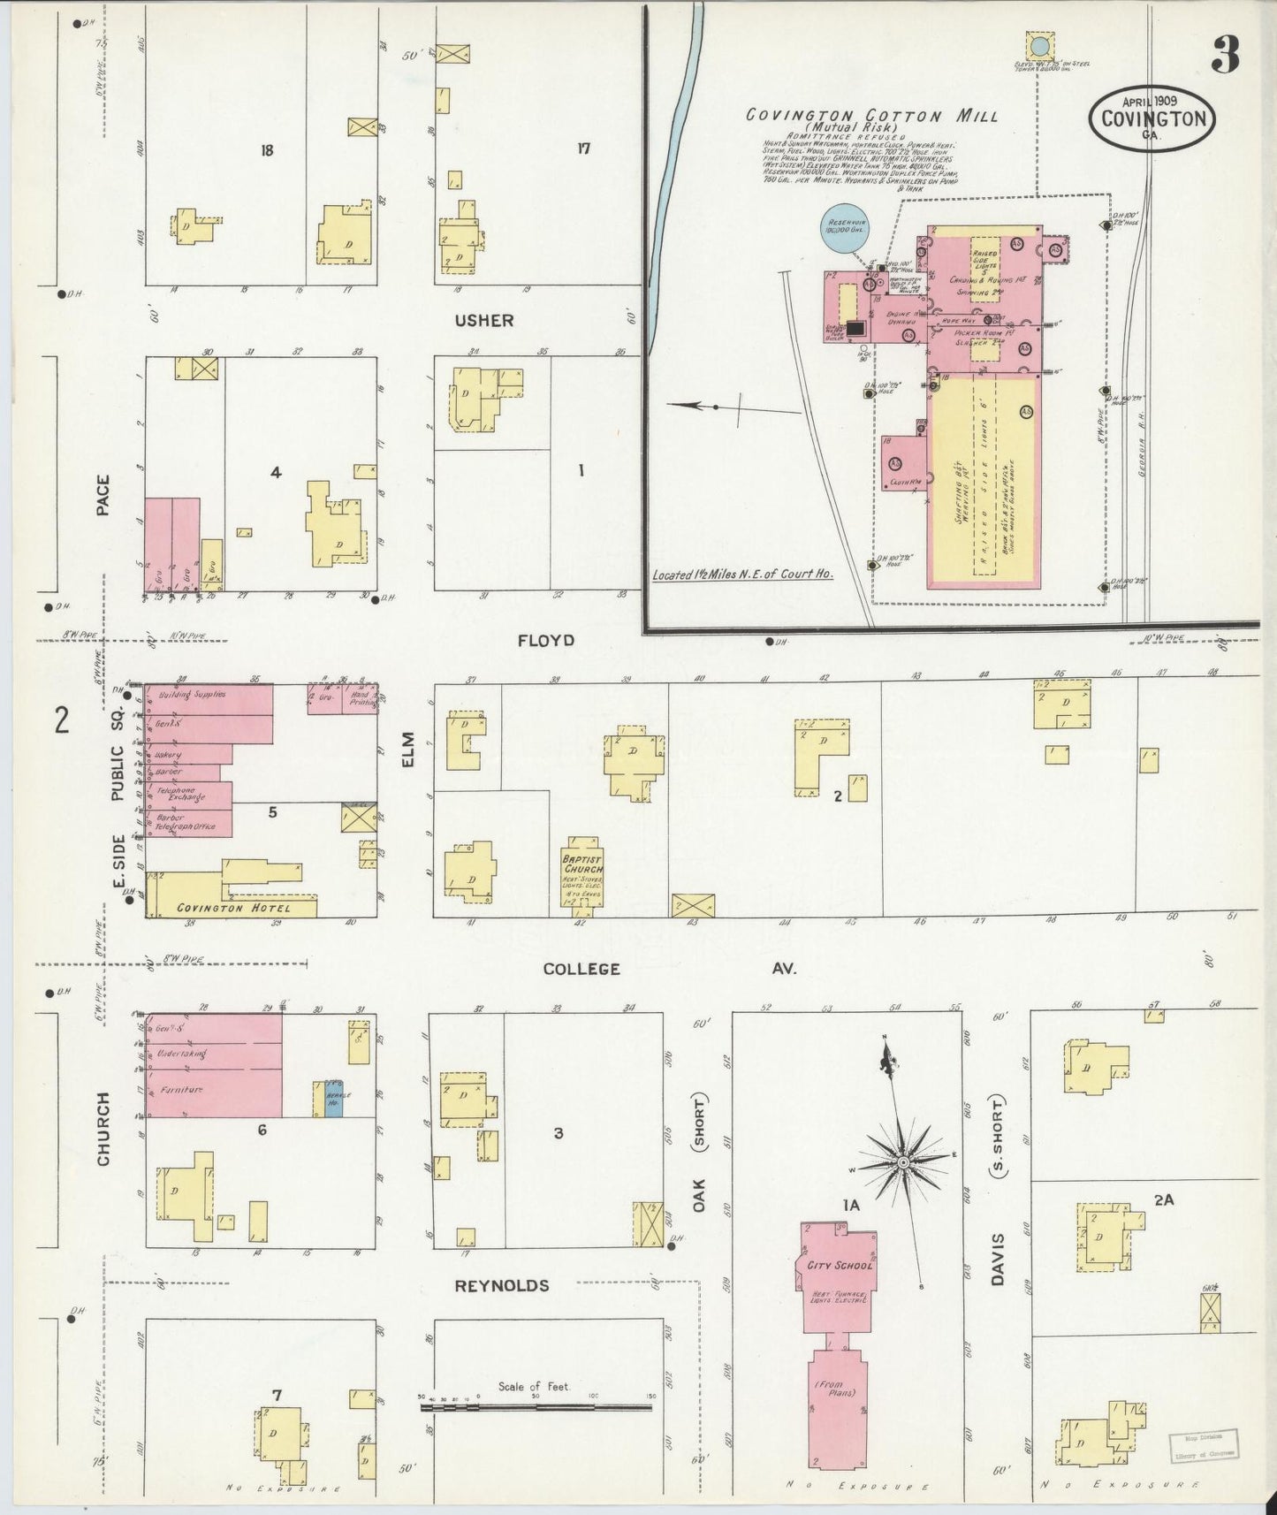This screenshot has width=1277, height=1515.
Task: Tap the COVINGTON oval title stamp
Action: pyautogui.click(x=1152, y=118)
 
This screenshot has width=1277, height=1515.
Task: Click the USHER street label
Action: pyautogui.click(x=484, y=320)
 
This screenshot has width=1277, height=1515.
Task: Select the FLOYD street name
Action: pyautogui.click(x=546, y=640)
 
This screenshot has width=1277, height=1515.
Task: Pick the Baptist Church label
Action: pyautogui.click(x=582, y=864)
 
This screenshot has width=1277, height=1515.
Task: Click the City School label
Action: pyautogui.click(x=840, y=1265)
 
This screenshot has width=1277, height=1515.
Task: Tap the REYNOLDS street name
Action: pyautogui.click(x=502, y=1285)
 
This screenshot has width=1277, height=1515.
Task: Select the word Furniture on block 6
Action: pyautogui.click(x=182, y=1090)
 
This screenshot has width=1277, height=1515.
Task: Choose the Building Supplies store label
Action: pyautogui.click(x=193, y=695)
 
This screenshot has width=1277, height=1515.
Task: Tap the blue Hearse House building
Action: pyautogui.click(x=333, y=1098)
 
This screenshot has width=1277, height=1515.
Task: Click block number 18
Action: pyautogui.click(x=266, y=150)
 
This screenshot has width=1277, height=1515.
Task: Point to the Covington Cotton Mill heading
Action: pyautogui.click(x=871, y=115)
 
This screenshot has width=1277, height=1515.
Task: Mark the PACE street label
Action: pyautogui.click(x=103, y=495)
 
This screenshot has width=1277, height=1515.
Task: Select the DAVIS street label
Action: pyautogui.click(x=998, y=1260)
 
